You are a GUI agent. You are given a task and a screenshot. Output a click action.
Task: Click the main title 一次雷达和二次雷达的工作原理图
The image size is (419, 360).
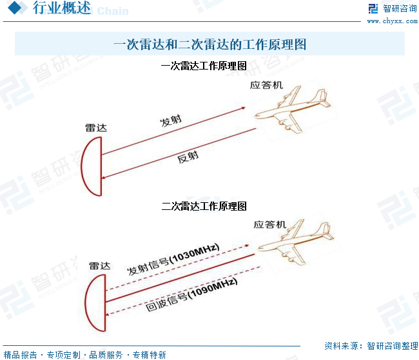pos(210,44)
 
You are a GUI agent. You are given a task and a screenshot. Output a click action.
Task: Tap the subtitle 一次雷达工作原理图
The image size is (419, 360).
pos(204,66)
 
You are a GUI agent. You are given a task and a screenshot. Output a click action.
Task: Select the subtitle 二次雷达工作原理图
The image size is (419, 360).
pos(204,206)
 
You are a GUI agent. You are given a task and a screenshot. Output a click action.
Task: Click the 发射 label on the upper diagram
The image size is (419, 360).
pos(171,120)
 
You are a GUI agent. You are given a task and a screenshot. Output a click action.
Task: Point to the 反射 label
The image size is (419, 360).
pos(188,157)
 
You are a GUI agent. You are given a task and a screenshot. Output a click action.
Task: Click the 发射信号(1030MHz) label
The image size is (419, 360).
pos(173,260)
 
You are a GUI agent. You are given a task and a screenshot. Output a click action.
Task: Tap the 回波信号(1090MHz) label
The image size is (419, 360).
pos(191,294)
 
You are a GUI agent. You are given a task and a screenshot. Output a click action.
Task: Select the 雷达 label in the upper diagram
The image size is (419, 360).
pos(96,128)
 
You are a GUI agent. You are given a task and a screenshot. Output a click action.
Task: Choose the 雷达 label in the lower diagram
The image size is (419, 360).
pos(100,266)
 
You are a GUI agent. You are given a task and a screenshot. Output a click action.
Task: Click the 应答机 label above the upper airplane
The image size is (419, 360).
pos(266,85)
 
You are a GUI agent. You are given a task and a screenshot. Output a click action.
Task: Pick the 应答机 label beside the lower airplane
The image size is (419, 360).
pos(270,224)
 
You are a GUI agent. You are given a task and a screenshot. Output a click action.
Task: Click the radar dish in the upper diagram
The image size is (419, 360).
pos(81,166)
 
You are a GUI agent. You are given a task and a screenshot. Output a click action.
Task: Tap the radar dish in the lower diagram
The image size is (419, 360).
pos(86,303)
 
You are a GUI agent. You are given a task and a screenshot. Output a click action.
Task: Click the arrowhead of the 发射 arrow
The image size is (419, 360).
pos(243,108)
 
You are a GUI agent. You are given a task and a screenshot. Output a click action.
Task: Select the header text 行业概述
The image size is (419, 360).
pos(61,8)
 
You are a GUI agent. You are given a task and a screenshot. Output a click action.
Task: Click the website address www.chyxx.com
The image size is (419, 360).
pos(392,21)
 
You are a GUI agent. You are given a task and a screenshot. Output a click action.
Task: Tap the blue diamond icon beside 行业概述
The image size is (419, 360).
pos(15,8)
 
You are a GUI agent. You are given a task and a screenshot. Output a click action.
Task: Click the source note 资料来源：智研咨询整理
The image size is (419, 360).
pos(371,346)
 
